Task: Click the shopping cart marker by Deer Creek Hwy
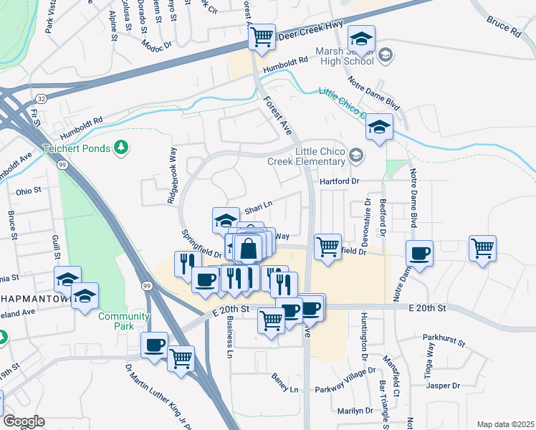pos(262,36)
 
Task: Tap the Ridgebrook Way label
pos(172,176)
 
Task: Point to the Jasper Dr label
pos(442,386)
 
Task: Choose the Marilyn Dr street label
pos(356,411)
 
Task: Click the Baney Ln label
pos(284,388)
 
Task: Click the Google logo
pos(23,421)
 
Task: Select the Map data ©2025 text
pos(505,424)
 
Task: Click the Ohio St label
pos(29,191)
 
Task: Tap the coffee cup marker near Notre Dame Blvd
pos(419,252)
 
